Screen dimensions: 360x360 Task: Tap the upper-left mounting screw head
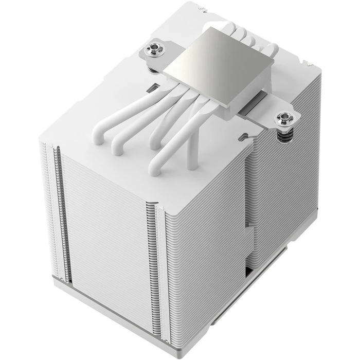coord(152,50)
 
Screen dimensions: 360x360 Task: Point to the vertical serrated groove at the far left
coord(52,206)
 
